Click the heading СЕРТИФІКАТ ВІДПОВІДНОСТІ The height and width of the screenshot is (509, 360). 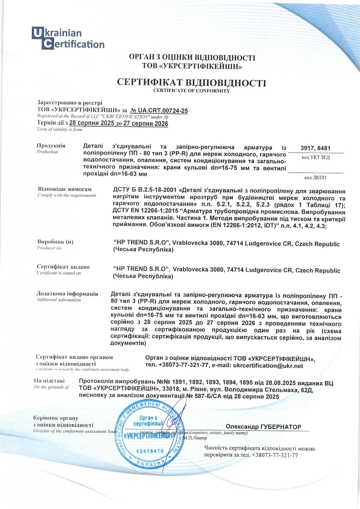pyautogui.click(x=191, y=82)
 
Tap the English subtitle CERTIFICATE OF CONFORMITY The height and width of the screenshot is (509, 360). pyautogui.click(x=191, y=91)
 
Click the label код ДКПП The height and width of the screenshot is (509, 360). pyautogui.click(x=316, y=178)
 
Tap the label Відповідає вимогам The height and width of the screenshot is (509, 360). pyautogui.click(x=65, y=189)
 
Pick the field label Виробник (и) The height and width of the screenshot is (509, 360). pyautogui.click(x=55, y=242)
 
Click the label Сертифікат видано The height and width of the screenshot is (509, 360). pyautogui.click(x=63, y=267)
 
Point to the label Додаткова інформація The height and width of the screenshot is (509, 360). pyautogui.click(x=67, y=294)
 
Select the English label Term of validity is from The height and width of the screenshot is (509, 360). pyautogui.click(x=59, y=129)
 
